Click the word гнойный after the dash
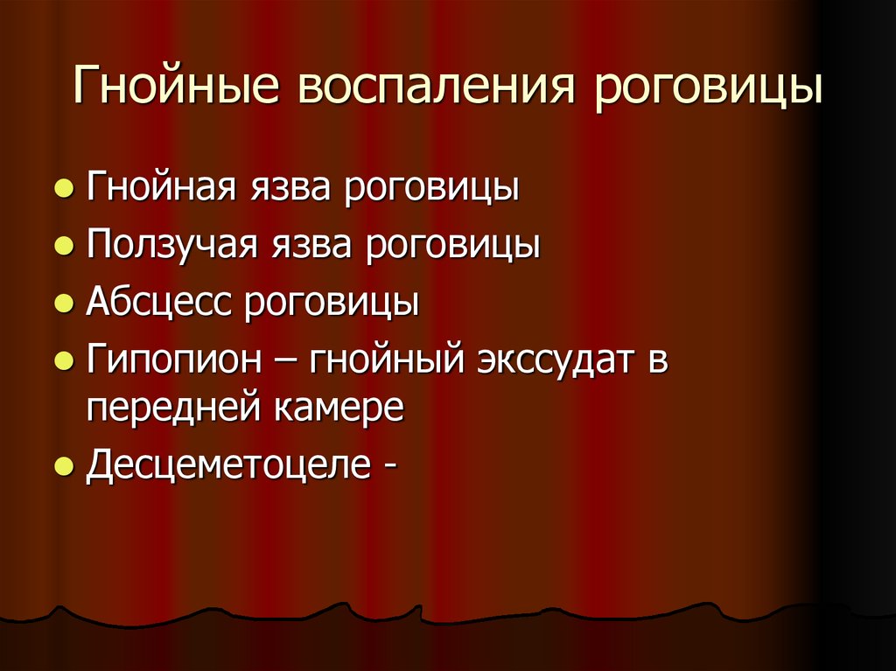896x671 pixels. pos(381,360)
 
